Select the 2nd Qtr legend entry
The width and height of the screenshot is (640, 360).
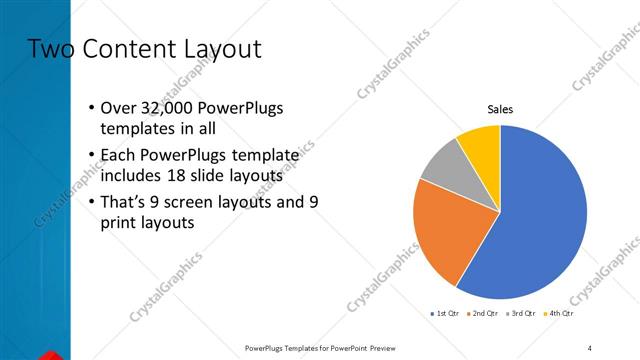click(485, 314)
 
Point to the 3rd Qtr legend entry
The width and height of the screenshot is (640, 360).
click(524, 314)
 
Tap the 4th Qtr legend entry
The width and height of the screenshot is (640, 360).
click(561, 314)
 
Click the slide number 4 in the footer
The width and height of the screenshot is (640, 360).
click(590, 347)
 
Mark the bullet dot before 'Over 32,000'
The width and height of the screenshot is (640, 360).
click(92, 108)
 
